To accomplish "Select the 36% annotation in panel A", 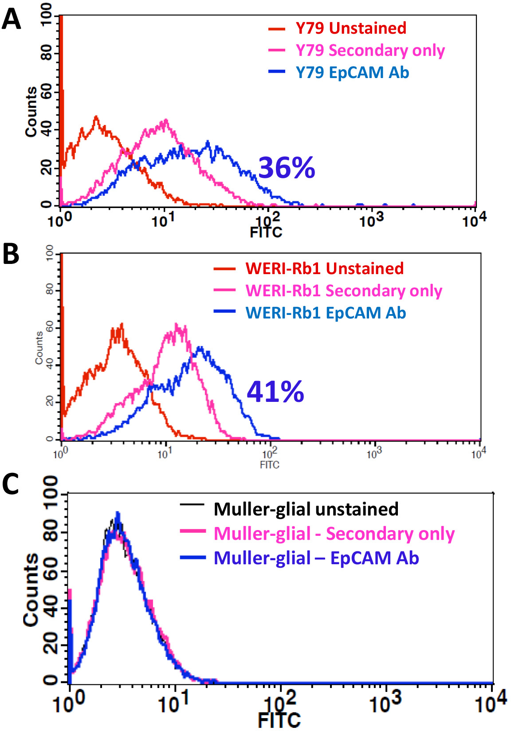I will tap(287, 168).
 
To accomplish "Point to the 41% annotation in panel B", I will tap(275, 392).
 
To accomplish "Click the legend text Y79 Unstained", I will tap(351, 28).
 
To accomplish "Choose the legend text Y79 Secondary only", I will tap(370, 50).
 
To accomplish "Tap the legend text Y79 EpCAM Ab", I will tap(353, 72).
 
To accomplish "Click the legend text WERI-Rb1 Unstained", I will tap(325, 268).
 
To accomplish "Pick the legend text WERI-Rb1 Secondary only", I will tap(344, 291).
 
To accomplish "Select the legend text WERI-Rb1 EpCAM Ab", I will tap(326, 313).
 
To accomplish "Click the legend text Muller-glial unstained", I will tap(306, 509).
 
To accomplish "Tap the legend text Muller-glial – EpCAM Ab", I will tap(316, 558).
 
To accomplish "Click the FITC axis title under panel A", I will tap(266, 232).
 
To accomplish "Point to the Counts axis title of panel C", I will tap(31, 590).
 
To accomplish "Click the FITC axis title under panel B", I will tap(270, 464).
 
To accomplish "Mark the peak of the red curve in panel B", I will tap(122, 324).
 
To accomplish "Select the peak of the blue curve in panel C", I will tap(118, 513).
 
